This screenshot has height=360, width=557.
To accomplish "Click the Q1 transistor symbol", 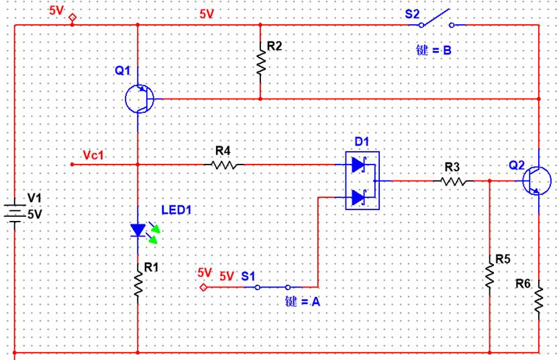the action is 140,99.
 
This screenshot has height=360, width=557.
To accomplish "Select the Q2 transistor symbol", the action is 536,181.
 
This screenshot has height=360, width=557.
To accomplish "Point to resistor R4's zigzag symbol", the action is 224,165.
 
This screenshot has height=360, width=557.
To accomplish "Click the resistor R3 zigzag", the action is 454,181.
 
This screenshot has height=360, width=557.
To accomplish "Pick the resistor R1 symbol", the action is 138,283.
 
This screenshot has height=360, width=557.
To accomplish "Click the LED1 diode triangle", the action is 138,230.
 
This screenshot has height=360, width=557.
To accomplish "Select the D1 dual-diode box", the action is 362,181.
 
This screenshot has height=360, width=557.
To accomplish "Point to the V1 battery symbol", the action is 15,213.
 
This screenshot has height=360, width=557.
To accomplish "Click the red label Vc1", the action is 93,155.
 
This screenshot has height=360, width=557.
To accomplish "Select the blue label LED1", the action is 176,210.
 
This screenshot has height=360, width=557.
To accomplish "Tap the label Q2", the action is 517,165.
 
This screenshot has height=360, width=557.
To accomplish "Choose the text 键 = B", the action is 434,50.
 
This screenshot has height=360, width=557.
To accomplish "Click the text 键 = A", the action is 303,302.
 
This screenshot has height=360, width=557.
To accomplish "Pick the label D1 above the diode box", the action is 362,142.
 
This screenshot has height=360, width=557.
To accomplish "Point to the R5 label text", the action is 503,259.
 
